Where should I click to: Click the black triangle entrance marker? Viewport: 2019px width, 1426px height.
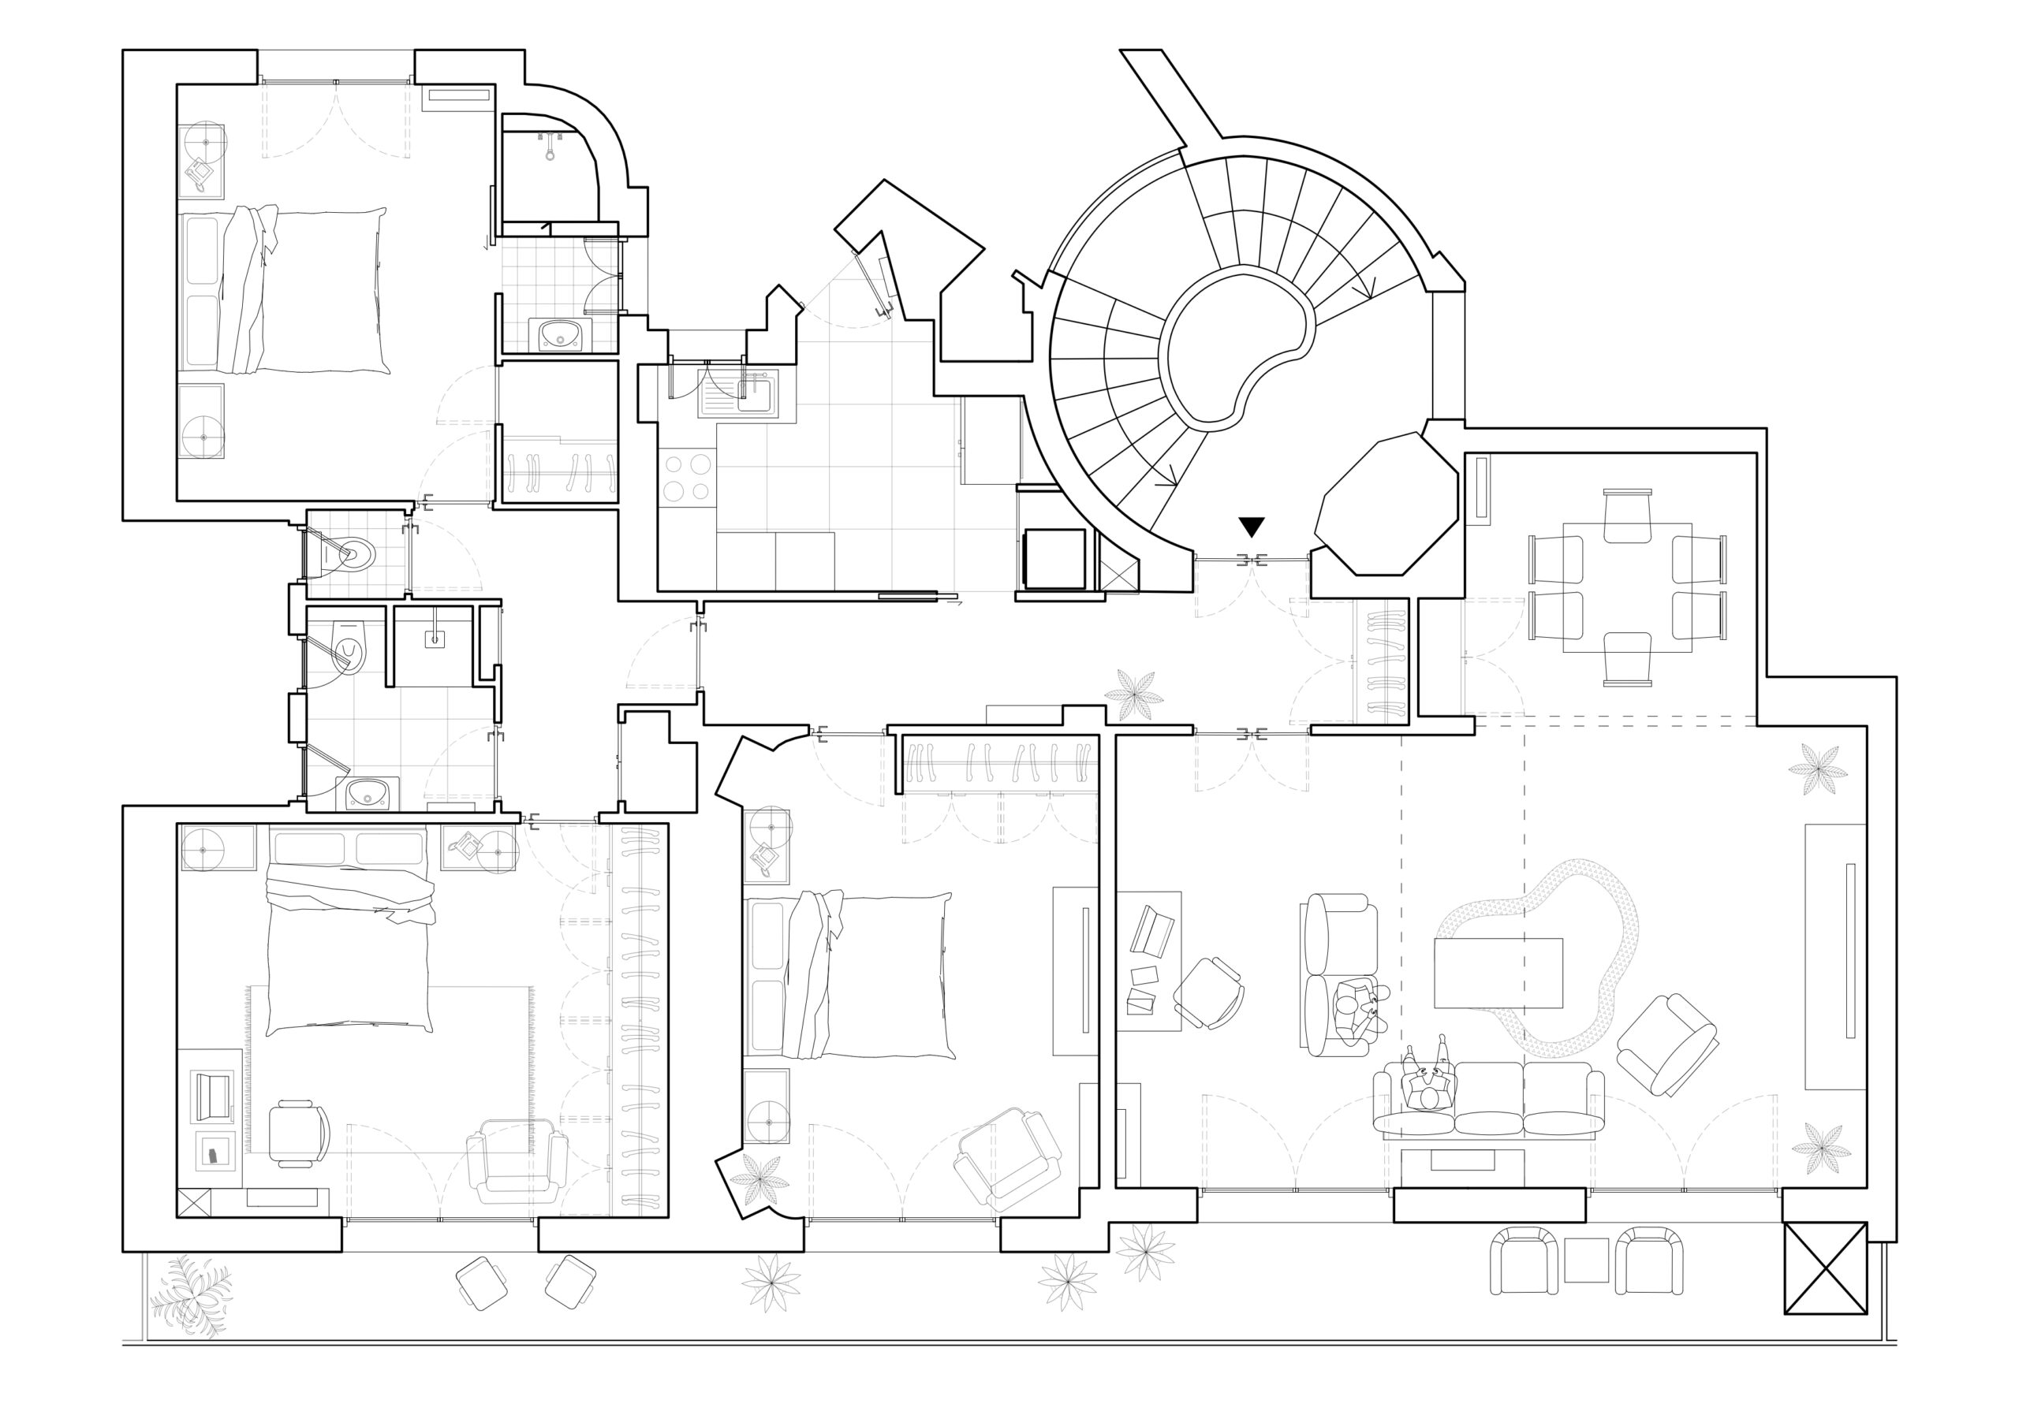click(1252, 526)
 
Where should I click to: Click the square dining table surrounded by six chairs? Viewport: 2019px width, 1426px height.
click(1627, 586)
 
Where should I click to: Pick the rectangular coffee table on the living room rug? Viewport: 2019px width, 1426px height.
click(1498, 973)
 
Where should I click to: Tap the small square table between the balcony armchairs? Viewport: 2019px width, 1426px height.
click(1586, 1260)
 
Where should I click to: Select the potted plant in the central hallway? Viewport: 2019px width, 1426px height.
click(1133, 695)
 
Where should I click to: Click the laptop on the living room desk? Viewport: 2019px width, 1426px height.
click(1152, 931)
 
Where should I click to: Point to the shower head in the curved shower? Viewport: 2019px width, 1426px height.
click(550, 146)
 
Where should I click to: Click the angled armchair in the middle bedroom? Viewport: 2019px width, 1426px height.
click(1009, 1158)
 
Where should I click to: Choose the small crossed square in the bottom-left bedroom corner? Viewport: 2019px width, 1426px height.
click(193, 1203)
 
